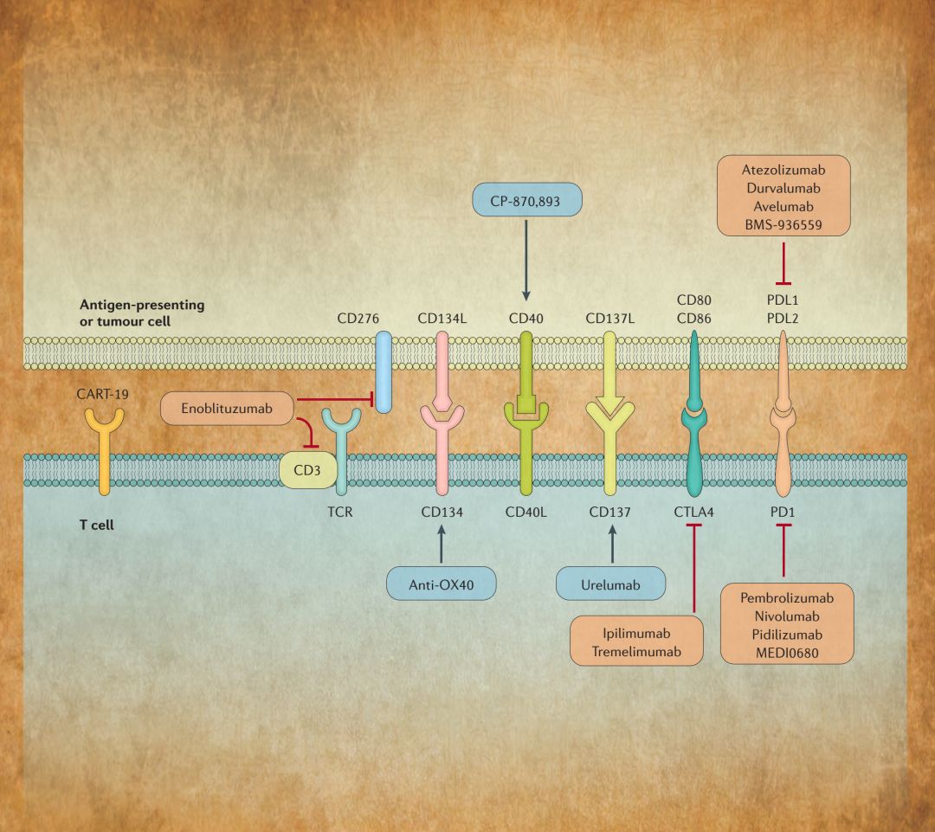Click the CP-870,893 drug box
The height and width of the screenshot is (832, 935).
point(527,200)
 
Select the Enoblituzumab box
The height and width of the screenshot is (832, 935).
point(228,408)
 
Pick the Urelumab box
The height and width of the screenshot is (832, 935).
point(611,585)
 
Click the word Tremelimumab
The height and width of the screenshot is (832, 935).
point(635,650)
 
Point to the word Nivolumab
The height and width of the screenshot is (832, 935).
point(787,615)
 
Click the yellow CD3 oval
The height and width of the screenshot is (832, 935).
point(306,472)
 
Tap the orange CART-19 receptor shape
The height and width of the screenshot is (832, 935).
point(104,450)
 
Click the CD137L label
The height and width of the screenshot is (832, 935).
point(610,318)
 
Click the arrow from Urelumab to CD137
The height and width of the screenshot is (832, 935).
point(611,545)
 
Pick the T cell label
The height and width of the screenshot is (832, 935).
point(98,525)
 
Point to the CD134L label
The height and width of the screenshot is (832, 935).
point(442,318)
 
